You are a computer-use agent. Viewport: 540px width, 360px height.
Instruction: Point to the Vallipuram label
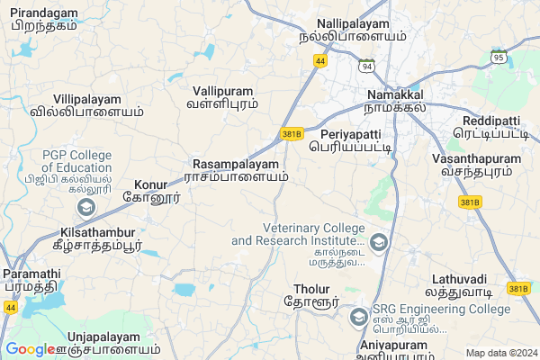(222, 91)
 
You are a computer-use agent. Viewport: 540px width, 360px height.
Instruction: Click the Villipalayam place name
(86, 98)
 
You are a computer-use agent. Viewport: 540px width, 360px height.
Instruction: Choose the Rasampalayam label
(236, 165)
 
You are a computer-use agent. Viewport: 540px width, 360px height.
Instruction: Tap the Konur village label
(151, 184)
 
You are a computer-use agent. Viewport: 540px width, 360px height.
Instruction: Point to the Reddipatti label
(490, 121)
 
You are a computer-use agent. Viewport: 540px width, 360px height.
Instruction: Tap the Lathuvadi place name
(459, 279)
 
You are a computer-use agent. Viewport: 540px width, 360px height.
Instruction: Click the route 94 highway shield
(365, 67)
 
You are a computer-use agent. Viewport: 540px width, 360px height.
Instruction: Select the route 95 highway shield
(498, 57)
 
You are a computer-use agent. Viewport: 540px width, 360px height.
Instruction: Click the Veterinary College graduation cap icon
(379, 241)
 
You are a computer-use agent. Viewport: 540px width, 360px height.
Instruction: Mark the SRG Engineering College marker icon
(359, 317)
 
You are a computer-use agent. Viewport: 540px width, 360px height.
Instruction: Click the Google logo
(31, 349)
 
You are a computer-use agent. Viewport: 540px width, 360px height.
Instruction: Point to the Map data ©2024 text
(499, 353)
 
